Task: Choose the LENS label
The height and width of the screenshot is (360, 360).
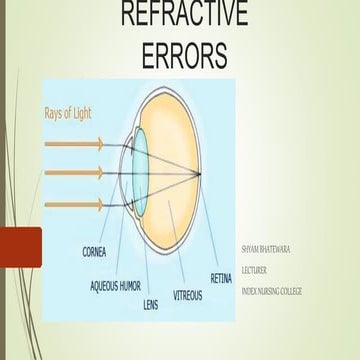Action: (150, 303)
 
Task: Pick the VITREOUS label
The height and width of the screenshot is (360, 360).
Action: (187, 295)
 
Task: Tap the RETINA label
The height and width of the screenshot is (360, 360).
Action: (221, 276)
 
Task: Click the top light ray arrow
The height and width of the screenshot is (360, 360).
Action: (75, 144)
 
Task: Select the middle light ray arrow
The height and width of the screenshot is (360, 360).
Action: (75, 174)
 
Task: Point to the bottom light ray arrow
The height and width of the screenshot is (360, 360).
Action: (75, 204)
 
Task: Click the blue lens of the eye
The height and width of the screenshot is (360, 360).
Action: (139, 174)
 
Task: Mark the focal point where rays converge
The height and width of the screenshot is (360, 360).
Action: (207, 175)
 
